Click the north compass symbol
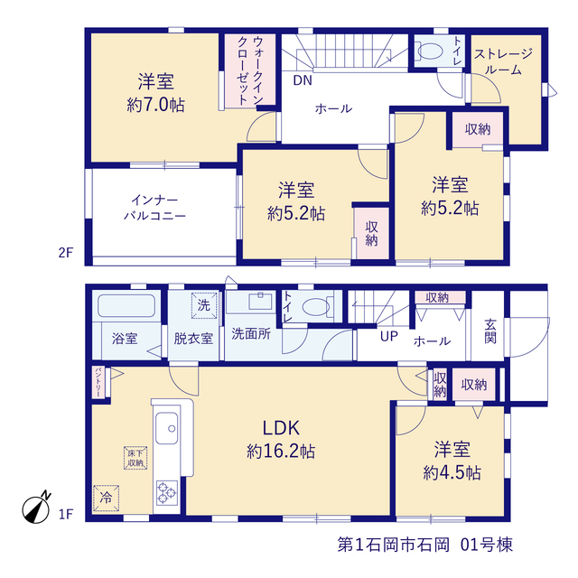(36, 508)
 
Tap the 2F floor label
(66, 253)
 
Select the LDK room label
(281, 428)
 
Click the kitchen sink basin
(166, 428)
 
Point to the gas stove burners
(167, 492)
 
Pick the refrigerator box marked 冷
(106, 498)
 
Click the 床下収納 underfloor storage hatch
(135, 458)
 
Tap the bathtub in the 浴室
(126, 305)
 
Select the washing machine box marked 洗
(204, 305)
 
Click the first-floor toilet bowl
(315, 307)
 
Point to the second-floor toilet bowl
(430, 51)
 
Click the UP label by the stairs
(389, 336)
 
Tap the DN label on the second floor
(303, 80)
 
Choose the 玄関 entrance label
(490, 331)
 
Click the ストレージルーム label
(503, 61)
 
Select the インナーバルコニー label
(154, 208)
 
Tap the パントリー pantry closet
(98, 382)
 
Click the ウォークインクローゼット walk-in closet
(250, 70)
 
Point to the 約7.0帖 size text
(155, 105)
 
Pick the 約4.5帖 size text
(452, 472)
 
